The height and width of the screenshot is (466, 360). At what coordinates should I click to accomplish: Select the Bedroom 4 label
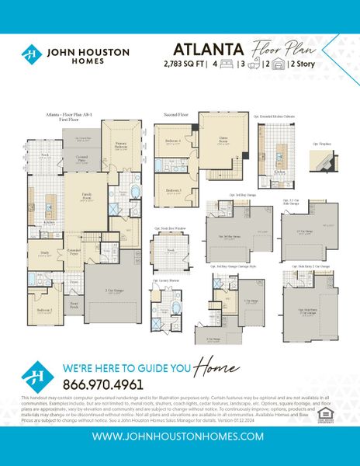tap(174, 141)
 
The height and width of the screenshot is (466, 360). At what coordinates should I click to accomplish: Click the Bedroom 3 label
tap(174, 190)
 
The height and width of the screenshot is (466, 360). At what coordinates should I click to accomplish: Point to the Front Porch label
tap(74, 306)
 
